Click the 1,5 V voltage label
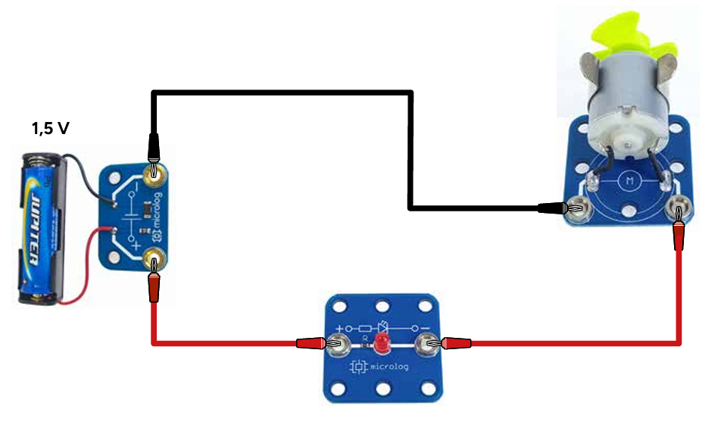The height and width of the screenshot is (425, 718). (50, 128)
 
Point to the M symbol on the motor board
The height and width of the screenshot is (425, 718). (629, 180)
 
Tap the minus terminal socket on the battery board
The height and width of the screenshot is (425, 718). (155, 175)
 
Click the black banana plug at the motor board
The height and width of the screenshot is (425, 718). (557, 207)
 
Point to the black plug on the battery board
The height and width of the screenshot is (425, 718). (154, 144)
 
